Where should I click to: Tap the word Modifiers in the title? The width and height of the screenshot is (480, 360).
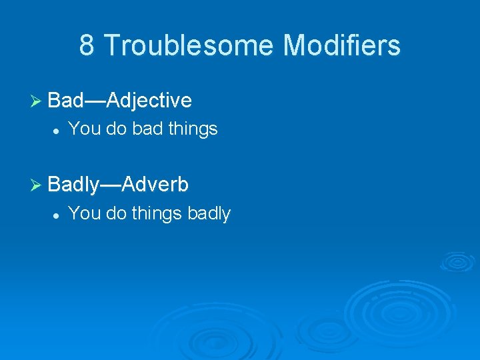[341, 45]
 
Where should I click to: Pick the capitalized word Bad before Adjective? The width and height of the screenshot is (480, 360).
[66, 101]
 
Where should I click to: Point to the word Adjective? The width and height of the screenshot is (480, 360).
[149, 101]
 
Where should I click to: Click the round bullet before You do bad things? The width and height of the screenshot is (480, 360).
[58, 129]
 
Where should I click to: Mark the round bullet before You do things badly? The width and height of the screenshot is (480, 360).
[58, 214]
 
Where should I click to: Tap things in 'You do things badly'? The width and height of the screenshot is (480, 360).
[157, 213]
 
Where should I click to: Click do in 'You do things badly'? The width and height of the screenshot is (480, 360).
[116, 213]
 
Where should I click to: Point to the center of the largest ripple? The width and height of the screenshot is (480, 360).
[399, 308]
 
